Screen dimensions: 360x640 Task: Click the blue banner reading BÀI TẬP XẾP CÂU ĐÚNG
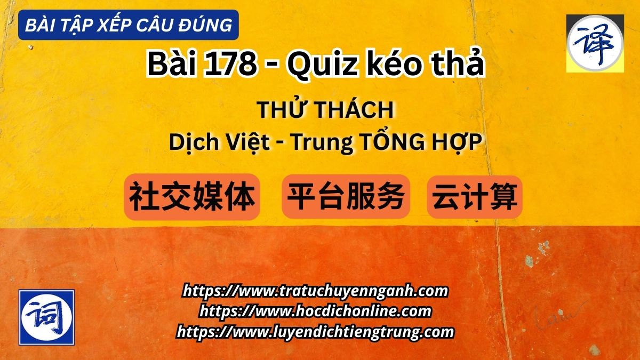pos(128,25)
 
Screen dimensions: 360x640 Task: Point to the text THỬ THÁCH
pos(325,110)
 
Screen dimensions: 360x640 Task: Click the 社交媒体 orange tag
pos(192,197)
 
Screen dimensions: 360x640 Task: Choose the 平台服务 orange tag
pos(346,197)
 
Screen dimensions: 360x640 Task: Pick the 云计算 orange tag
pos(475,197)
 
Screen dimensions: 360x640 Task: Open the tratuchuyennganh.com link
pos(315,291)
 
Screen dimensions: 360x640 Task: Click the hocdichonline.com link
pos(315,311)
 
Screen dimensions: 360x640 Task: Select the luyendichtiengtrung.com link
pos(315,332)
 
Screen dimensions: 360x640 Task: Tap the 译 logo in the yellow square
pos(595,43)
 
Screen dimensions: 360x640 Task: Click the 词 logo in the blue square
pos(46,317)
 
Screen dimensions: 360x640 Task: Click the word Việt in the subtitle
pos(246,142)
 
